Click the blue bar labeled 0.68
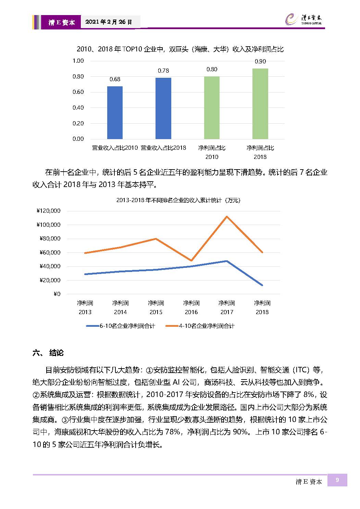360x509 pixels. [115, 112]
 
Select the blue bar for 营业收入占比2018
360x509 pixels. [163, 108]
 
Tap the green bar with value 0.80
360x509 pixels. [212, 108]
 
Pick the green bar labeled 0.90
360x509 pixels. [260, 104]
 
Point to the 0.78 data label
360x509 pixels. [163, 71]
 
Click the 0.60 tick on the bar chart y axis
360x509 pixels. [78, 92]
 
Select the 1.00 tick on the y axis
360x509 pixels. [78, 61]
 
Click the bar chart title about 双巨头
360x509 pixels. [180, 49]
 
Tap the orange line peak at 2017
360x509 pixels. [227, 216]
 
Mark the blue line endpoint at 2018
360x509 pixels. [262, 285]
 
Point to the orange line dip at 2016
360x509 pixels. [191, 260]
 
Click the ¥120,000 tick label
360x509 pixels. [49, 211]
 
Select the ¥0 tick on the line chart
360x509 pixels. [57, 294]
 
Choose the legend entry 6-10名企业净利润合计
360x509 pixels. [121, 326]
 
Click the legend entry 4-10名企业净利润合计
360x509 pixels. [200, 326]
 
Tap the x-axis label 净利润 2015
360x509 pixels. [156, 308]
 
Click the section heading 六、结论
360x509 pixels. [48, 353]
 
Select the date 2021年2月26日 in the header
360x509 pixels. [109, 22]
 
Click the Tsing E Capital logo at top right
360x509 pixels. [303, 19]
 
